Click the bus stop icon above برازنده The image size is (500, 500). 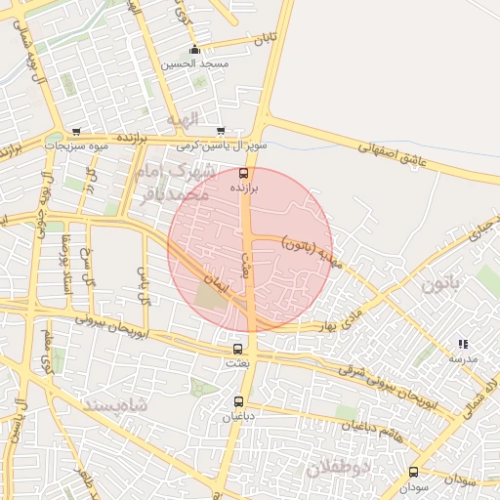pos(244,174)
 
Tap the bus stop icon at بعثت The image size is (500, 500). pos(237,349)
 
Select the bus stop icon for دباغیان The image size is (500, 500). pos(239,400)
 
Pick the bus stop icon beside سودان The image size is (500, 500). pos(414,472)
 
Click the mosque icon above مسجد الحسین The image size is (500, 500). pos(195,50)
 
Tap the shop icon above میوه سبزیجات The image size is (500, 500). pos(76,132)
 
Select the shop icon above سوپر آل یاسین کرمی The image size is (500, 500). pos(221,131)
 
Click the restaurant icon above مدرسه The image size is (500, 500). pos(463,344)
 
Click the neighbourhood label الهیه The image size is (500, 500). pos(182,119)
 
